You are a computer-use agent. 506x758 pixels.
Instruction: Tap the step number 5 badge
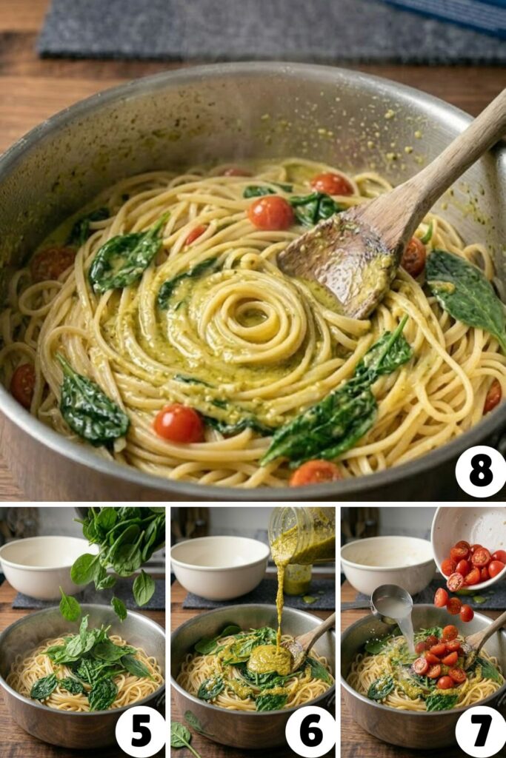tap(140, 731)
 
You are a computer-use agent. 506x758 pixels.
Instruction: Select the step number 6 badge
tap(310, 731)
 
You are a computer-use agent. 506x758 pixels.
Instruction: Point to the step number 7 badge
tap(480, 731)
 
